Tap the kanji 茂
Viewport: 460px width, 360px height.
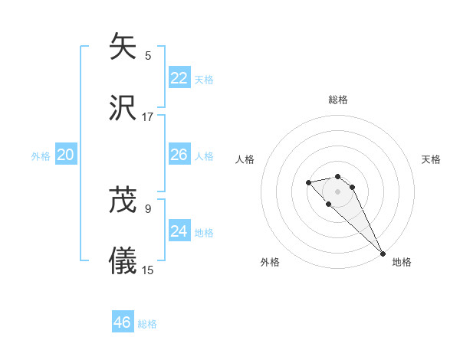click(123, 200)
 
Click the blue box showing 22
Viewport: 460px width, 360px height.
click(179, 78)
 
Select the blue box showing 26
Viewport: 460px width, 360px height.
click(179, 155)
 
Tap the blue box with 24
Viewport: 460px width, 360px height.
click(179, 231)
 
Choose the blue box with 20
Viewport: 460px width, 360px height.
click(66, 155)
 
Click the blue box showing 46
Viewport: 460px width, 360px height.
click(123, 322)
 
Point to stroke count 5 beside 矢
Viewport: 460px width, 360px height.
click(148, 55)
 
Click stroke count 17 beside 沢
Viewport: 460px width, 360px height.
click(148, 117)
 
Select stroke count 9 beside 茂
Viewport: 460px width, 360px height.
click(148, 208)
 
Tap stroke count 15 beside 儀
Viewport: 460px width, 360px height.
click(148, 270)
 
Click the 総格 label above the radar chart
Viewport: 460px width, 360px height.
click(338, 100)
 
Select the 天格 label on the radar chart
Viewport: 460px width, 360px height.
click(431, 159)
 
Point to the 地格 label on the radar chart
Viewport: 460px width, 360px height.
click(402, 262)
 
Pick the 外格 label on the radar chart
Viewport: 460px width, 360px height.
click(270, 262)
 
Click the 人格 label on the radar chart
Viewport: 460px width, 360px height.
click(245, 159)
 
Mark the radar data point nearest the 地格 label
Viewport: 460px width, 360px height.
click(383, 254)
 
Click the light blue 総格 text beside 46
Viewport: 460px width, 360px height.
click(147, 324)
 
